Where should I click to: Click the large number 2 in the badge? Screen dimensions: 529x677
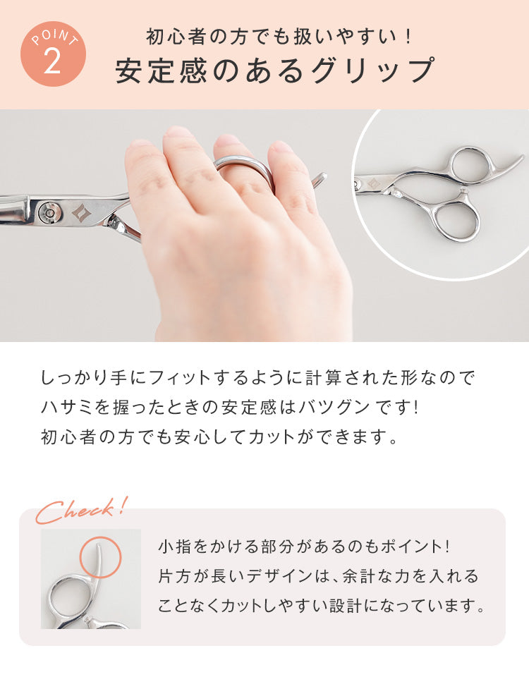pos(52,61)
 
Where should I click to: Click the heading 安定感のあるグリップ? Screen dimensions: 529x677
pos(274,71)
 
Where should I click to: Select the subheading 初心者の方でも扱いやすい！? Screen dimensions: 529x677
pos(279,36)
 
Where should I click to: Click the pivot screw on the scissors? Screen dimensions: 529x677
pos(48,212)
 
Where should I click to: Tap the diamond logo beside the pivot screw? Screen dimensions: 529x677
pos(80,212)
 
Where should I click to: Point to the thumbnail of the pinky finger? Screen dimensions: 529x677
pos(281,147)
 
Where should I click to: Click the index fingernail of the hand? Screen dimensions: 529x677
pos(178,132)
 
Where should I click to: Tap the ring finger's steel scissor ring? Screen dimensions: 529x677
pos(245,166)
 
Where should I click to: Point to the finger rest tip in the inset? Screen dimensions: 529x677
pos(521,157)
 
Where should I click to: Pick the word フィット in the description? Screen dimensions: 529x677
pos(178,377)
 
